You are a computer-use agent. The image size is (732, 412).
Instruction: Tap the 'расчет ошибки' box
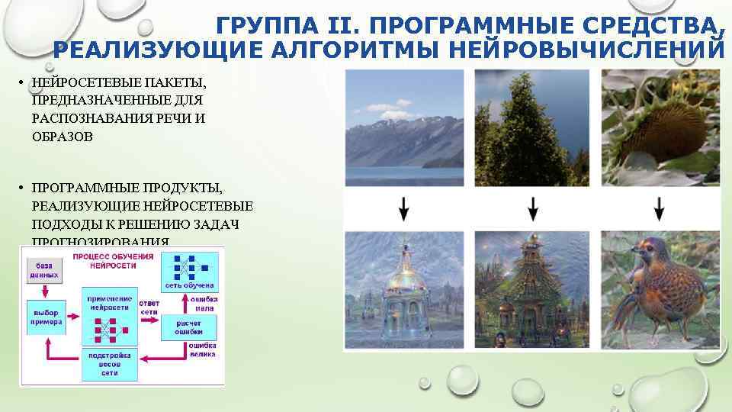(188, 326)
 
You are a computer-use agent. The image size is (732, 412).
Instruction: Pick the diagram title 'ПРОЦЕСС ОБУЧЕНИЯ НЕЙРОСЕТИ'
(104, 262)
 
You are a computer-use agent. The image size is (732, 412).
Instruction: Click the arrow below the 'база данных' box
(44, 291)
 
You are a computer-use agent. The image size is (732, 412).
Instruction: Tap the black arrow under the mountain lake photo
(404, 208)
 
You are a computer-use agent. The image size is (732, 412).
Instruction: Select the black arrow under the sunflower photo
(660, 208)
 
